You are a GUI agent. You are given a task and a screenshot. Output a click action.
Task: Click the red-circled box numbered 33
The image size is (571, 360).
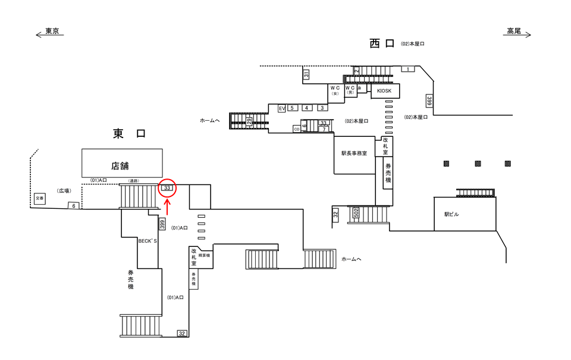pos(167,188)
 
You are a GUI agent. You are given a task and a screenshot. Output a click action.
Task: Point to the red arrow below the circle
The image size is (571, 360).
pos(167,206)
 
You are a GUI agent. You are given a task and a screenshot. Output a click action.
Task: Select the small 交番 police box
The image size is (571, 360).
pos(39,199)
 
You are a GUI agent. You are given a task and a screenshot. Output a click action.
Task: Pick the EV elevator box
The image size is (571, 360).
pos(282,108)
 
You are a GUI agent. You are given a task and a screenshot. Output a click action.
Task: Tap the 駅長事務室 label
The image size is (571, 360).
pos(354,153)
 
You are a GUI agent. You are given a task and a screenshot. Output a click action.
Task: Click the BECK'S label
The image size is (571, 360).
pos(147,241)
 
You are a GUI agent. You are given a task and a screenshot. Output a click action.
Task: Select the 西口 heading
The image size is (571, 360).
pos(382,43)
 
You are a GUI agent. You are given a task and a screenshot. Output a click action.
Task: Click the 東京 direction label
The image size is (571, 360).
pos(52,32)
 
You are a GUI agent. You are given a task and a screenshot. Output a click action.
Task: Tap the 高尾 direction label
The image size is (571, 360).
pos(514,32)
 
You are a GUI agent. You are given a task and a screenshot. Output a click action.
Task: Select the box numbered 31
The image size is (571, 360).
pos(306,74)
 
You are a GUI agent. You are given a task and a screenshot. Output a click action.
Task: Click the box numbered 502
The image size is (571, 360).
pos(356,213)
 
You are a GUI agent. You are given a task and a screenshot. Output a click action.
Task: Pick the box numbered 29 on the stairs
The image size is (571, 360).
pos(249,121)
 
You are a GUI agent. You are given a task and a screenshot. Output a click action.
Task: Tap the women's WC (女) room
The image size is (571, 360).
pos(334,90)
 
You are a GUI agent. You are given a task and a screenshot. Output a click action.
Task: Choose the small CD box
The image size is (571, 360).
pos(296,129)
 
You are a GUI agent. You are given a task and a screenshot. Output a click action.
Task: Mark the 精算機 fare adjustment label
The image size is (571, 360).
pos(205,255)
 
